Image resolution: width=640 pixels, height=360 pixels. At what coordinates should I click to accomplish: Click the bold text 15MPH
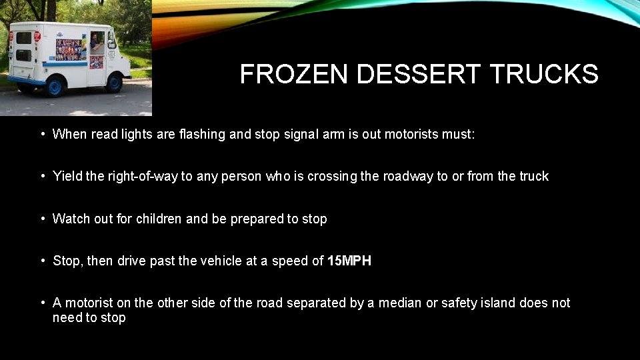349,261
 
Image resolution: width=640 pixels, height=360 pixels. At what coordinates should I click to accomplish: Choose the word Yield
68,176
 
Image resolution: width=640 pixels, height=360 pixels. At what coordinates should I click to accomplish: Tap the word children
159,219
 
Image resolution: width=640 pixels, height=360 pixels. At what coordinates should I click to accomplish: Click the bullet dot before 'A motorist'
42,303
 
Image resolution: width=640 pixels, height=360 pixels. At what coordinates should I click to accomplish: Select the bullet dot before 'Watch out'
42,219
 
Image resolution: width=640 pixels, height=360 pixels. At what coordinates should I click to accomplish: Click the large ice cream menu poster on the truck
70,50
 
